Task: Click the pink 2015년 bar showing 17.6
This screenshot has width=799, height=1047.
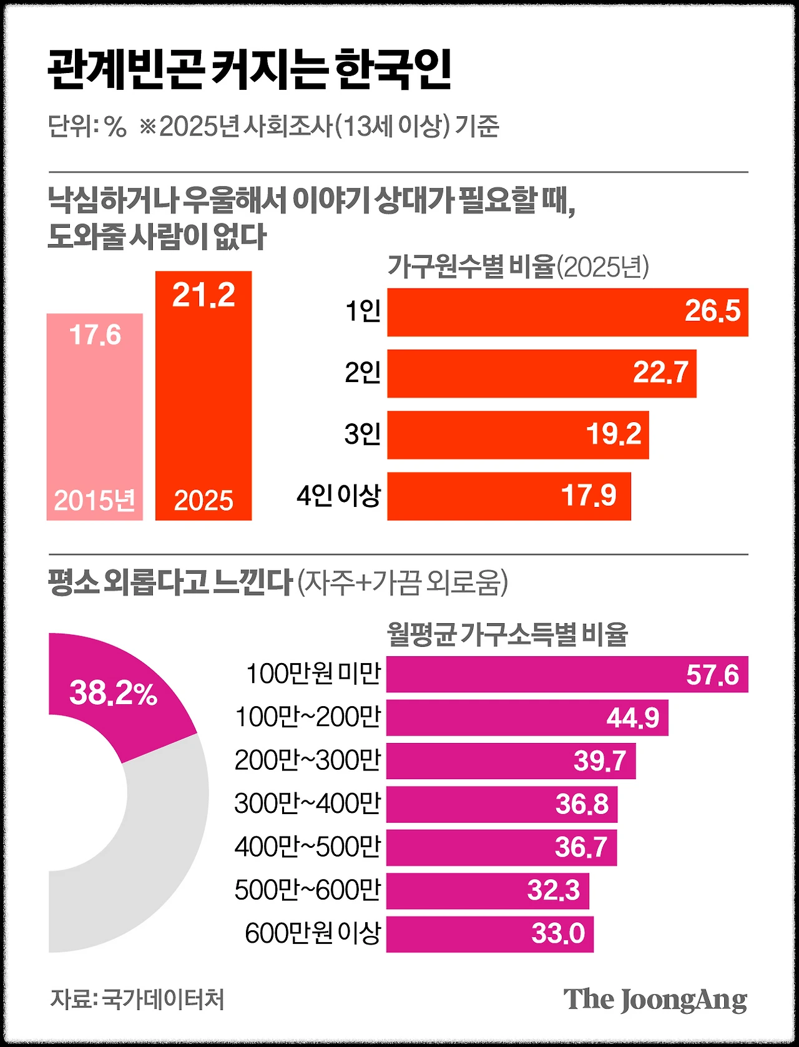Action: (x=95, y=416)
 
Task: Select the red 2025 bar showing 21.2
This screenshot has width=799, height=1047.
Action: (x=203, y=395)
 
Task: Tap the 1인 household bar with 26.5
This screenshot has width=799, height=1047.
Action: (x=567, y=312)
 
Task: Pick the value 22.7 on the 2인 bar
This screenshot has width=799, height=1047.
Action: (x=660, y=373)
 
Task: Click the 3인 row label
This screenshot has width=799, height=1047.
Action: (x=363, y=434)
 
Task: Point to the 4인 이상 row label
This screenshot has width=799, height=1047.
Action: (x=338, y=496)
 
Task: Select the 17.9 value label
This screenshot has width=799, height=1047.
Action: (x=588, y=496)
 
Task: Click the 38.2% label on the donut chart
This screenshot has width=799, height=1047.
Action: (x=113, y=693)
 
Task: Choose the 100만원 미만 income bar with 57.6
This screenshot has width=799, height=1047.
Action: (x=567, y=674)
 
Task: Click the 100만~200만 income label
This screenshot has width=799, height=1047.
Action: (x=308, y=717)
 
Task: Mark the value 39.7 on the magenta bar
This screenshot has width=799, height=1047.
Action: (x=599, y=760)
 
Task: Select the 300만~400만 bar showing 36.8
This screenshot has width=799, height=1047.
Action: (x=501, y=804)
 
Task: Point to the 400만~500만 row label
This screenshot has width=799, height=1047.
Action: (x=308, y=847)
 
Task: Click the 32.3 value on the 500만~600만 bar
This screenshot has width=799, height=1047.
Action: (x=553, y=890)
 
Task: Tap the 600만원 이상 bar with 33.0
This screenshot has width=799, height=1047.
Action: (x=489, y=934)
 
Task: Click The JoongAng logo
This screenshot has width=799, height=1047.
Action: (x=655, y=1000)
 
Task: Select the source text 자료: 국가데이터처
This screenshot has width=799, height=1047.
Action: (x=137, y=999)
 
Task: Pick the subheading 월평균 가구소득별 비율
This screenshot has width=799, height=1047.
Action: (x=507, y=634)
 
